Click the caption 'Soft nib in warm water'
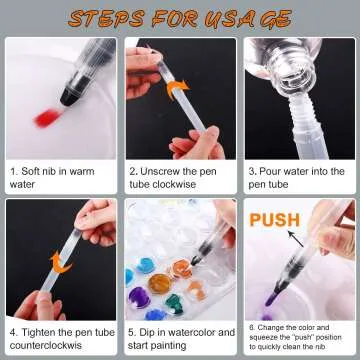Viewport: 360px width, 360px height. (54, 178)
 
